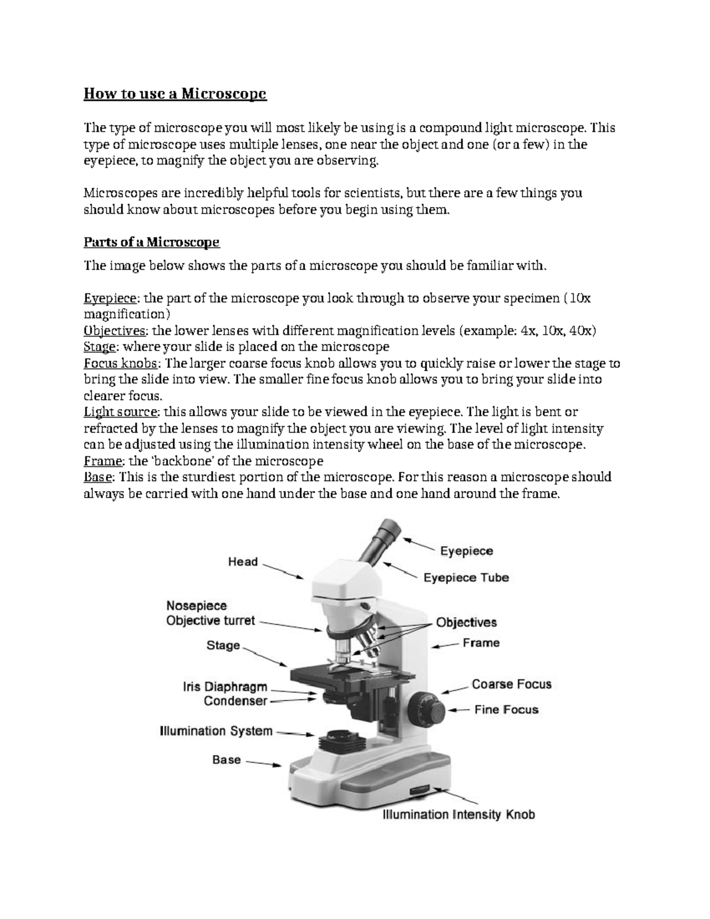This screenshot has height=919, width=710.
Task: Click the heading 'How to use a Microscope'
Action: tap(175, 94)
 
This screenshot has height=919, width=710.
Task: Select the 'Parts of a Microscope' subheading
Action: tap(151, 242)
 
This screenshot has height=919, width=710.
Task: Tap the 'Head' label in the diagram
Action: tap(243, 562)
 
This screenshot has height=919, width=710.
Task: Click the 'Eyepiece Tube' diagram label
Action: tap(466, 578)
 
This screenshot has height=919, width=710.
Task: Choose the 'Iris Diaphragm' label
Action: tap(225, 688)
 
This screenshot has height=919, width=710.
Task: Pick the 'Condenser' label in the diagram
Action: tap(235, 701)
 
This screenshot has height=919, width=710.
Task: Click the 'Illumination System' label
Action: tap(216, 731)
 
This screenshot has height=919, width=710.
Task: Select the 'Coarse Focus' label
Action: tap(511, 684)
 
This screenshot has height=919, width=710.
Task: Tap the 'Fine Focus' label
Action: tap(506, 710)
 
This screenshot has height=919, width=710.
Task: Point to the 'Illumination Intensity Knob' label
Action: tap(459, 815)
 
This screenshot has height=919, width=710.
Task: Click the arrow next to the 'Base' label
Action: tap(263, 764)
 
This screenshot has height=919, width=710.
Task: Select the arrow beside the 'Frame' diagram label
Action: tap(444, 646)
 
